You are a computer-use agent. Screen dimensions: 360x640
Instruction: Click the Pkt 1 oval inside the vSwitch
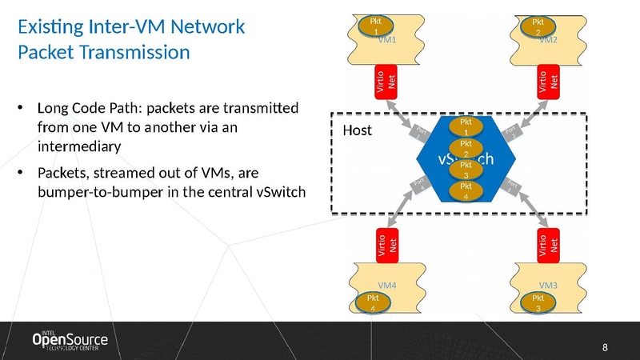(x=465, y=126)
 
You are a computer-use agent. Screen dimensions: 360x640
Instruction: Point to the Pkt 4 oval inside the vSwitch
(x=465, y=190)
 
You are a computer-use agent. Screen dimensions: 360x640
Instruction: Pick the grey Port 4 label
(x=421, y=187)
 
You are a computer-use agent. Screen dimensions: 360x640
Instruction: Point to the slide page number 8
(x=605, y=347)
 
